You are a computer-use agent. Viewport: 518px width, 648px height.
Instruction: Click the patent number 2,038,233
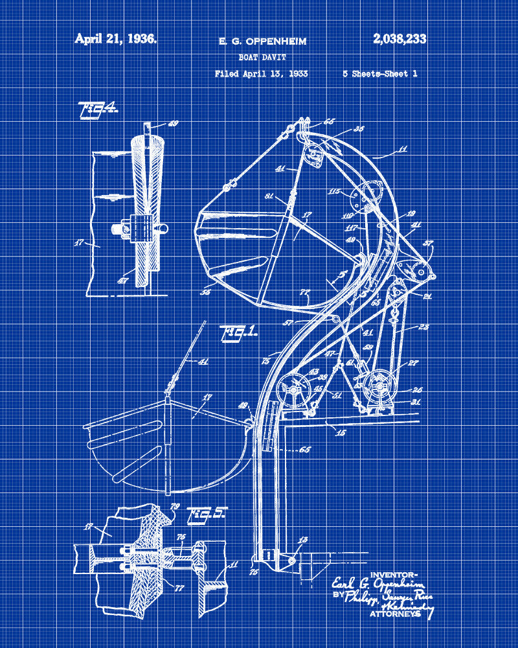click(x=400, y=39)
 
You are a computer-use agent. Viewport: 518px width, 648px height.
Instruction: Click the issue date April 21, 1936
click(x=115, y=39)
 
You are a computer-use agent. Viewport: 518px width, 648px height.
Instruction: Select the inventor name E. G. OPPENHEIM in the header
click(x=262, y=41)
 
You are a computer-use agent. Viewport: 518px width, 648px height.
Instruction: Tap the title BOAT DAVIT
click(x=262, y=57)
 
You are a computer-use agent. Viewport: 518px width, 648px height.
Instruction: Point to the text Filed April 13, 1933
click(x=261, y=74)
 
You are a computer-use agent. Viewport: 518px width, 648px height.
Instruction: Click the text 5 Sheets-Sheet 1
click(x=379, y=74)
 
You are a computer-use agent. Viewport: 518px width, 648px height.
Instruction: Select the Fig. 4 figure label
click(x=98, y=110)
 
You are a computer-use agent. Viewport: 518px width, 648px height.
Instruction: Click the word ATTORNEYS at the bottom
click(x=394, y=613)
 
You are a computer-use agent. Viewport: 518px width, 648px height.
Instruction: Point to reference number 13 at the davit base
click(x=303, y=540)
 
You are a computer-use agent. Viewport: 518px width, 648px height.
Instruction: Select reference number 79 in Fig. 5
click(x=175, y=506)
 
